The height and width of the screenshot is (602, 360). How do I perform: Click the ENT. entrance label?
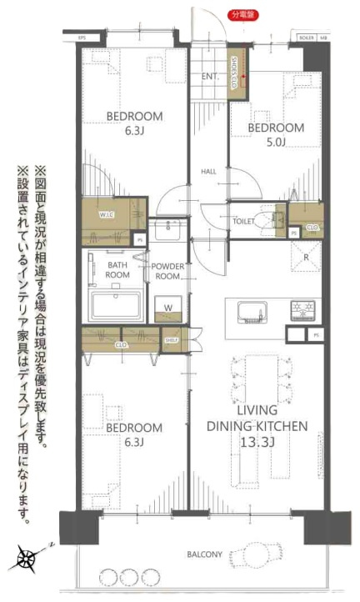[209, 76]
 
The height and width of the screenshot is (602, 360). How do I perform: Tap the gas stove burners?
[302, 312]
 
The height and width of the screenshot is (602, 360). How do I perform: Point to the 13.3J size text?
[257, 441]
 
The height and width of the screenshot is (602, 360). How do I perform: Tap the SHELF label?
[172, 339]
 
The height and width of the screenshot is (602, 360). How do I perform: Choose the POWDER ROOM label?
[168, 271]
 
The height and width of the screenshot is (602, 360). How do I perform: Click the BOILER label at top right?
[305, 38]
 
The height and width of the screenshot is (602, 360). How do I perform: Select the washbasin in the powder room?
[168, 227]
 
